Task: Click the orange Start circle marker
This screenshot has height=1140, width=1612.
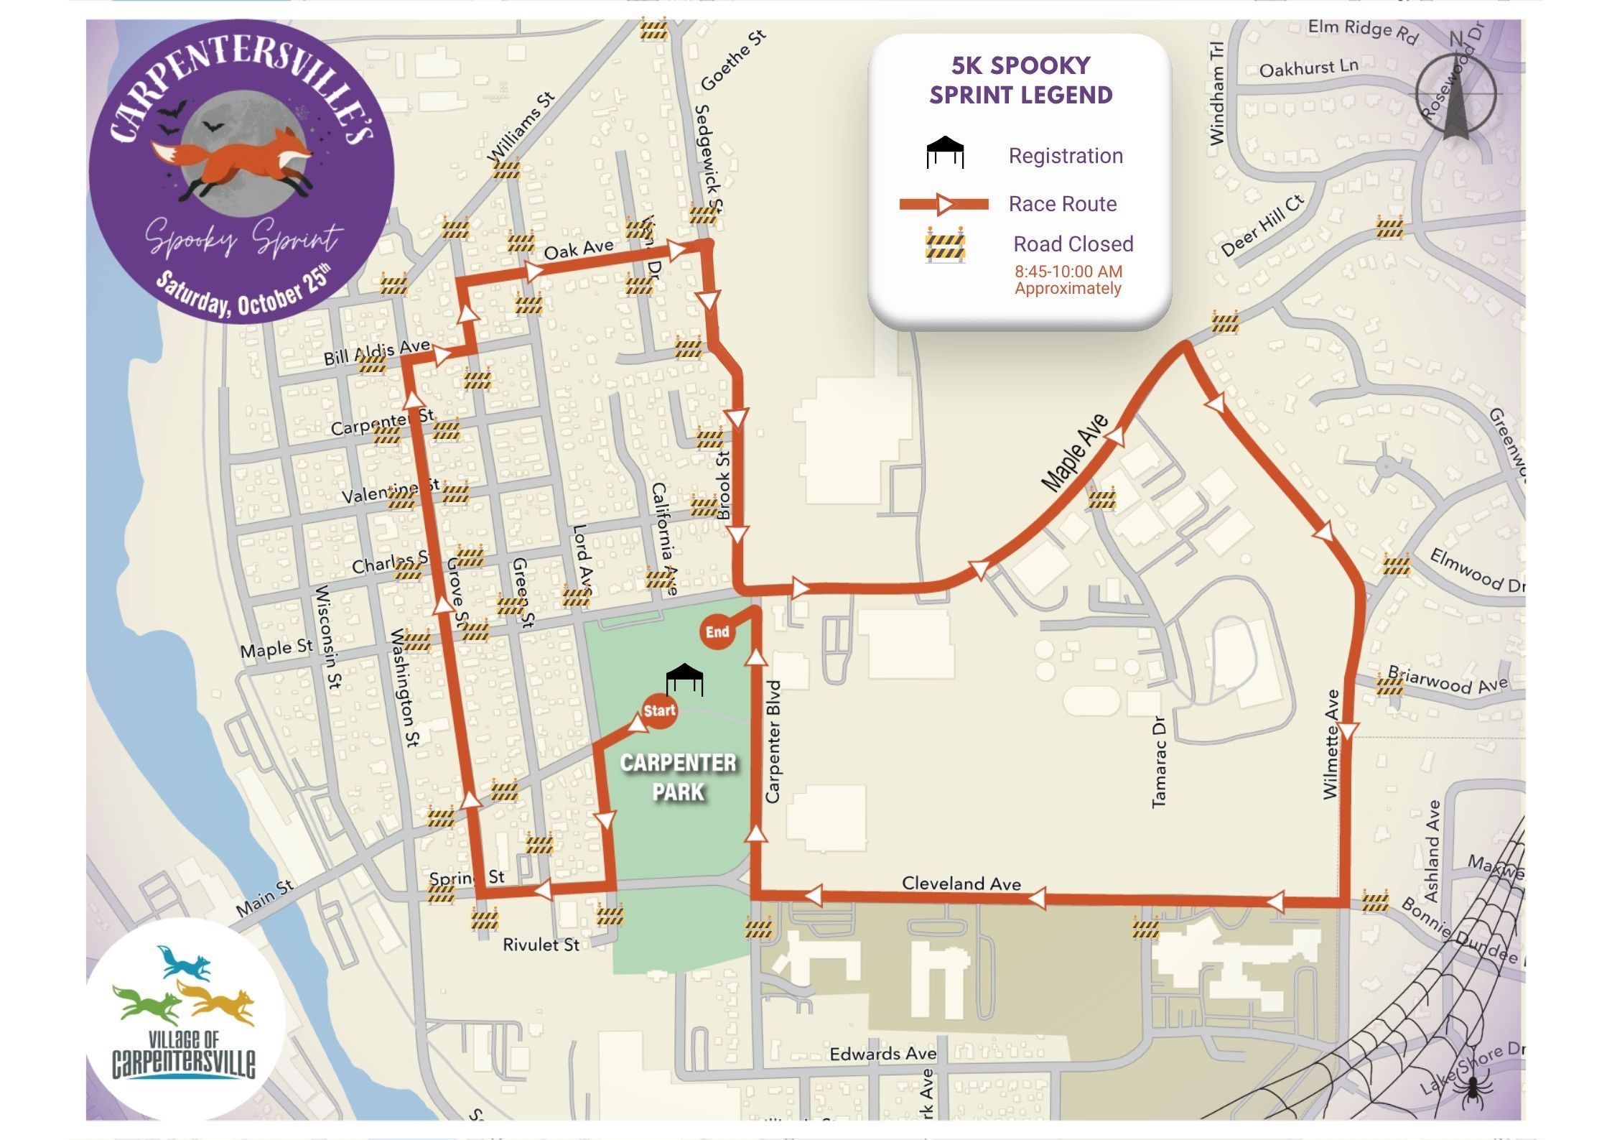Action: click(659, 710)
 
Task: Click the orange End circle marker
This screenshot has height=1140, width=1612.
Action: click(717, 632)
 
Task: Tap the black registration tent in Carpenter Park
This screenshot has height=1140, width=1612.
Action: click(684, 679)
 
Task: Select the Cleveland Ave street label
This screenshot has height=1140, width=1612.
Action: click(961, 884)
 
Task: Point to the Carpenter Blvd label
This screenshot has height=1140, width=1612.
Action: click(773, 741)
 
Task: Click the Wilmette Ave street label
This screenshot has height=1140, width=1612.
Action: click(1331, 744)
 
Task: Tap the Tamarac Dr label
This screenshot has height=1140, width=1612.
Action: click(1158, 761)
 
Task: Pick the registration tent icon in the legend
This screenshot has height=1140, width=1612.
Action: click(945, 152)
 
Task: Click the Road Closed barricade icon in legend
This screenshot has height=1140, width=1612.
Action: click(945, 245)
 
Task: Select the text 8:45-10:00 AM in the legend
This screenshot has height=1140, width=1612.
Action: click(1068, 272)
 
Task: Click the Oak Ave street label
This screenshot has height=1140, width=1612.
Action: click(579, 249)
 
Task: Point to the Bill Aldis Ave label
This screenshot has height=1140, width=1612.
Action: click(376, 353)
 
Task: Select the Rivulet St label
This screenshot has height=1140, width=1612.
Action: click(541, 945)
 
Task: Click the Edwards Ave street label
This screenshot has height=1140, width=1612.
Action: click(883, 1054)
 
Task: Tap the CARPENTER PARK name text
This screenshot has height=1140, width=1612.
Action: click(679, 777)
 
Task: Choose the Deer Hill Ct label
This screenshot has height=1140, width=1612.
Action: click(1262, 226)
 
